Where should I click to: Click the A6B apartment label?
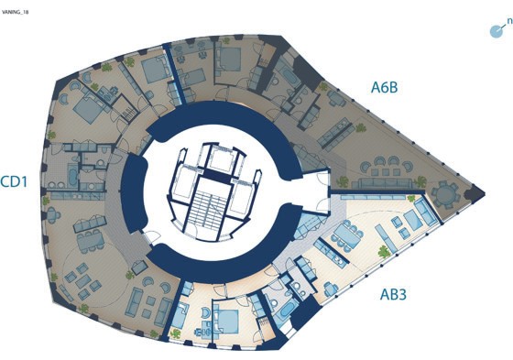[x=385, y=87]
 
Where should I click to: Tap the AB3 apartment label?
[x=393, y=295]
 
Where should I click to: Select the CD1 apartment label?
[x=14, y=182]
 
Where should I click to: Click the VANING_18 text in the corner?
[x=15, y=12]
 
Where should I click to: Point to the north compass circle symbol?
[x=496, y=31]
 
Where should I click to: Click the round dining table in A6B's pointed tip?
[x=445, y=195]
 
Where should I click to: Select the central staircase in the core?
[x=203, y=212]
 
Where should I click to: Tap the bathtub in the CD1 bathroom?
[x=72, y=175]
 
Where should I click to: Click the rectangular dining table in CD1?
[x=91, y=241]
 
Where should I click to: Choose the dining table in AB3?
[x=347, y=235]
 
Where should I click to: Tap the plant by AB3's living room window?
[x=384, y=251]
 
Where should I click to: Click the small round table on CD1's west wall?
[x=52, y=215]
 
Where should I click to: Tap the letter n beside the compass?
[x=509, y=21]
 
